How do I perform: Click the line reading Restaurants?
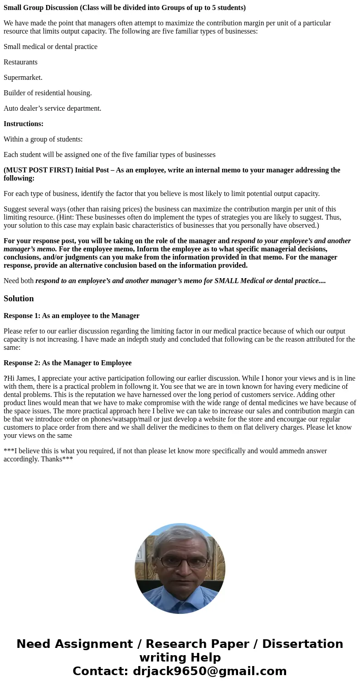click(20, 62)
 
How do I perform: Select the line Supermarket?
click(23, 78)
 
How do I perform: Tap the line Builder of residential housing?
click(48, 93)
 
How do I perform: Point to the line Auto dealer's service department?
click(52, 108)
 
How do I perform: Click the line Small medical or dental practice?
click(50, 47)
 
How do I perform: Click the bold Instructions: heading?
click(24, 124)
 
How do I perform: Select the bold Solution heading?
click(19, 299)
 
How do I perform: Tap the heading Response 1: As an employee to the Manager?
click(71, 316)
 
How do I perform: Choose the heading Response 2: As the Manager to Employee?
click(68, 363)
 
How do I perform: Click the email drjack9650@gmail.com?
click(209, 671)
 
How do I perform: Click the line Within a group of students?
click(43, 139)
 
